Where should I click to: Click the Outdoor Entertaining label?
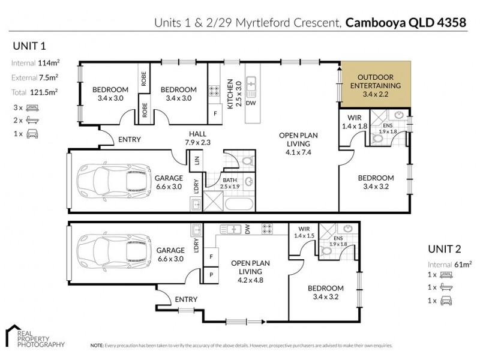[x=376, y=85]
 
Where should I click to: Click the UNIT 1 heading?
[x=29, y=46]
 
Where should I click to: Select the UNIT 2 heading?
[x=446, y=249]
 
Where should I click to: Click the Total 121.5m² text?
[x=34, y=92]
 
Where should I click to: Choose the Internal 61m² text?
[x=449, y=264]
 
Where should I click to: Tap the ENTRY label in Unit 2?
[x=186, y=299]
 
